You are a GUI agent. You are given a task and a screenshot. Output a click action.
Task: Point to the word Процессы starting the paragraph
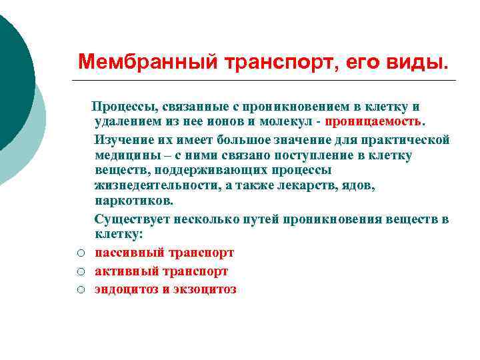[121, 107]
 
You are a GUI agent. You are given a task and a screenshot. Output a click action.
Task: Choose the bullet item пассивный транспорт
[164, 253]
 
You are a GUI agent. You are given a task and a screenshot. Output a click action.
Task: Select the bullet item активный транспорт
[161, 271]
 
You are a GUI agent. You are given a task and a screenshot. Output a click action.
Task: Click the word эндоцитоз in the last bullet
[126, 289]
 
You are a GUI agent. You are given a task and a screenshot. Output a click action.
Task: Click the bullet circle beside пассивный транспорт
[79, 253]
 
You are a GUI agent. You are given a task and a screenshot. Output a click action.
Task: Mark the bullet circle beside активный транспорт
[79, 272]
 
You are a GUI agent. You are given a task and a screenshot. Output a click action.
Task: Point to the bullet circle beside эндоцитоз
[79, 290]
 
